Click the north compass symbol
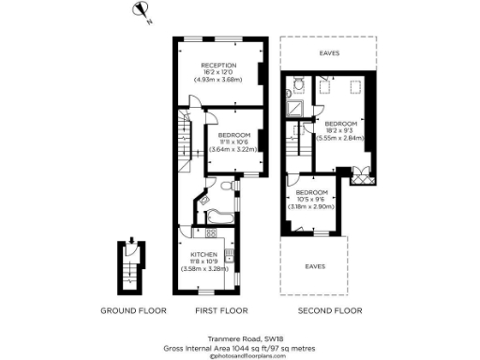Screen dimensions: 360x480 pos(142,11)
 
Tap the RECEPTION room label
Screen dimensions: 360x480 pos(218,65)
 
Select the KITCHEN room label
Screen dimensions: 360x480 pos(204,254)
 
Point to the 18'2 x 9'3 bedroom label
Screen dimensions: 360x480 pos(340,124)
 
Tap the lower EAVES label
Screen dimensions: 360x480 pos(316,266)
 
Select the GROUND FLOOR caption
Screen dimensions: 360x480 pos(133,309)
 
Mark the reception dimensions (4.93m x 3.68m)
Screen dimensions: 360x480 pos(218,80)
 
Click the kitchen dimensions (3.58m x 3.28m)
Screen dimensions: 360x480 pos(204,269)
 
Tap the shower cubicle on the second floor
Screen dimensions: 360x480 pos(296,109)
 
